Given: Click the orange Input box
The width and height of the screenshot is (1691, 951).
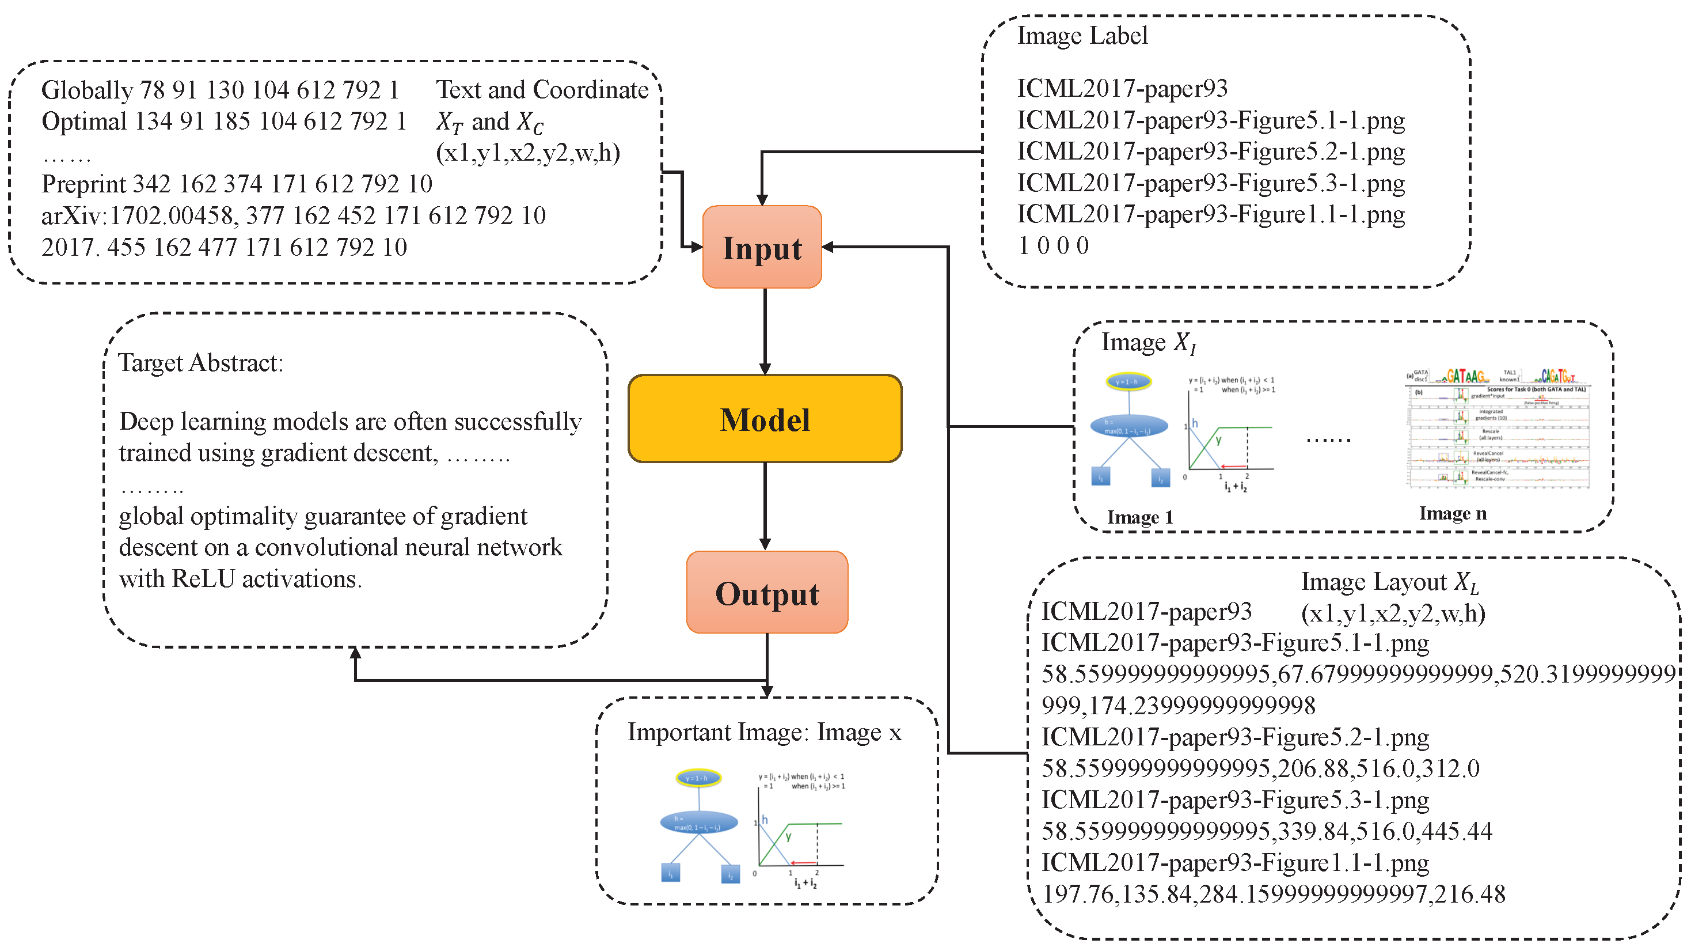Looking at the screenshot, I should (x=762, y=247).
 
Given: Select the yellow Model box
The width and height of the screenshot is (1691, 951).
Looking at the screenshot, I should (x=765, y=419).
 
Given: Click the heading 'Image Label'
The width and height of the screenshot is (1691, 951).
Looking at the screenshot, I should (x=1082, y=36).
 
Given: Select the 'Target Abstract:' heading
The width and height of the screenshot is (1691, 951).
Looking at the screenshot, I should (x=200, y=362).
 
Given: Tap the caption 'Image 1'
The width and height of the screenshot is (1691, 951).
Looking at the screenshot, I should (x=1139, y=517).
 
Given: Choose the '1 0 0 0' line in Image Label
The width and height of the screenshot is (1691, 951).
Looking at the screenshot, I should (x=1053, y=245).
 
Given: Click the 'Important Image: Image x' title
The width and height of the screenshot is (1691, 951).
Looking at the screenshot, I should (x=764, y=732).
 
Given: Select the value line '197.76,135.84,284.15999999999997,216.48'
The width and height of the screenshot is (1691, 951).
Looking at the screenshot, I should (x=1274, y=894).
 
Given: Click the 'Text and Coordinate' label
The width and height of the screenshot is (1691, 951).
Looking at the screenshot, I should (x=542, y=90).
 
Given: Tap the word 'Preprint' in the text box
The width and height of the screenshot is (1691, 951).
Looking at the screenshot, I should (x=83, y=184).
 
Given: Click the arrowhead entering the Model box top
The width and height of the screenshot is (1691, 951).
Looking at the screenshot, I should (x=765, y=369).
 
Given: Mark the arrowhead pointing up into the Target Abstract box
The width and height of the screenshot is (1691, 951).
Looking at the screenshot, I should (x=355, y=653).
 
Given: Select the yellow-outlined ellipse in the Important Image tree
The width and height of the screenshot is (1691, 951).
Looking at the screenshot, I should (x=698, y=778).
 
